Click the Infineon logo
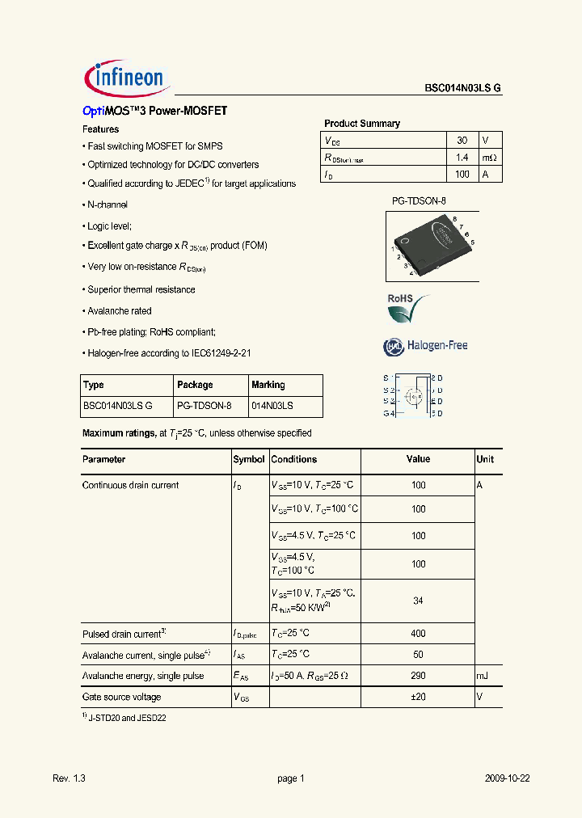[124, 78]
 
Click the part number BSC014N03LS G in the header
[463, 89]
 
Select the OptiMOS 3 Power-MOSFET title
[154, 111]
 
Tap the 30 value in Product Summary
[462, 140]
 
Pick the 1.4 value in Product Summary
[462, 157]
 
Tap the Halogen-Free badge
[425, 346]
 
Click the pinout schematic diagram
[413, 396]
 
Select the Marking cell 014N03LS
[272, 407]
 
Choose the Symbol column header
[249, 459]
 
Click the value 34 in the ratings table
[418, 600]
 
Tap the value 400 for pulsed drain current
[418, 634]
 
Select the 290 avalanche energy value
[418, 676]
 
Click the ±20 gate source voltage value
[418, 697]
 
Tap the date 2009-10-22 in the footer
[507, 778]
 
